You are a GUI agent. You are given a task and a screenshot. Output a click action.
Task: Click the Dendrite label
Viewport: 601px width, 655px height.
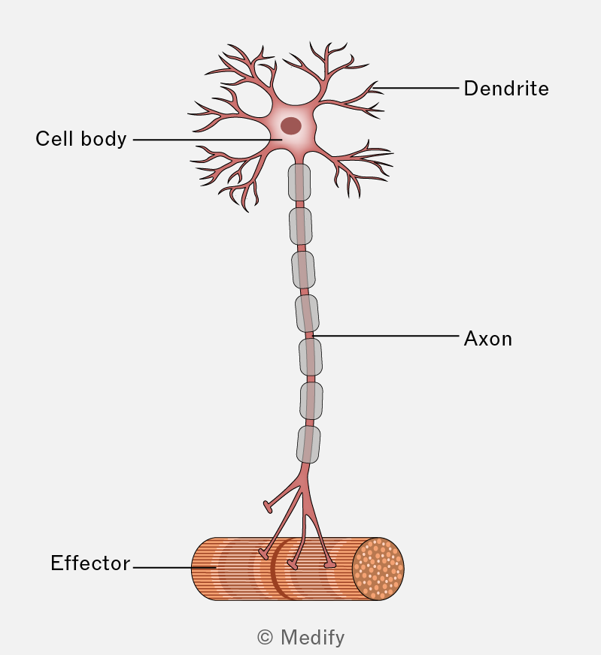(x=506, y=89)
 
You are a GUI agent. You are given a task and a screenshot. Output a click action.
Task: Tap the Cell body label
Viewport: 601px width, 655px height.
(x=80, y=139)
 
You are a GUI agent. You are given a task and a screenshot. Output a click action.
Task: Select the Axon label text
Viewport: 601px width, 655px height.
(x=487, y=339)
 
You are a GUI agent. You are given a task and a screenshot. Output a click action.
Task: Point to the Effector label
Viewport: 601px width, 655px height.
(x=90, y=563)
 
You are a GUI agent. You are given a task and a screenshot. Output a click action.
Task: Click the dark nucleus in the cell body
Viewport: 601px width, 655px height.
(x=290, y=125)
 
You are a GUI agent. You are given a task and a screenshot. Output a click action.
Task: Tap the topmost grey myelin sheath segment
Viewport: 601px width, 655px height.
(x=299, y=183)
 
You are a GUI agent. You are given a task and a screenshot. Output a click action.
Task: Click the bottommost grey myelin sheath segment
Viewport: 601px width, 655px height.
(x=308, y=445)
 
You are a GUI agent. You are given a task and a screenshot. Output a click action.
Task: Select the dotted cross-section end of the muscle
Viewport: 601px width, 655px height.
(x=378, y=569)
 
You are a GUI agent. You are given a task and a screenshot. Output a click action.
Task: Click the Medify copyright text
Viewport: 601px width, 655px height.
(x=301, y=638)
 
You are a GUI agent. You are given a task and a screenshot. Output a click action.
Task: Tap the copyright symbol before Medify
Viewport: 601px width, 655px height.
(x=266, y=638)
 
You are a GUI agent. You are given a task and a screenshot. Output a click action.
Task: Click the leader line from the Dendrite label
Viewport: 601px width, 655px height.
(x=416, y=88)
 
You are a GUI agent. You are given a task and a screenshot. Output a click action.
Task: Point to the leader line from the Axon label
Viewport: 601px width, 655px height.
(x=386, y=336)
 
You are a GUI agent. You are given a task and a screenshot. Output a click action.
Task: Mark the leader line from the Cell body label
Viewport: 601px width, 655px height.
(x=208, y=140)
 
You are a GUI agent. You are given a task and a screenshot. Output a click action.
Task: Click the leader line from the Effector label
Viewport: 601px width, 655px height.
(x=175, y=568)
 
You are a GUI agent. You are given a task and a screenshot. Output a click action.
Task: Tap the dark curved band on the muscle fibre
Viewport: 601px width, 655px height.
(x=275, y=568)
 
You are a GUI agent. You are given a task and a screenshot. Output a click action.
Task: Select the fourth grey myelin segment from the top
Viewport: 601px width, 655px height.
(x=307, y=314)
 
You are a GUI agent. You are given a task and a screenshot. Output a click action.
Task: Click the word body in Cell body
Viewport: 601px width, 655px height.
(x=104, y=139)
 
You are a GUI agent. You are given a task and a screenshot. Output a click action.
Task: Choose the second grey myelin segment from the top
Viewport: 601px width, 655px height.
(x=300, y=226)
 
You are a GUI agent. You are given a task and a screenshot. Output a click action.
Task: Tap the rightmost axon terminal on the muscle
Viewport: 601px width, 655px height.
(x=330, y=565)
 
